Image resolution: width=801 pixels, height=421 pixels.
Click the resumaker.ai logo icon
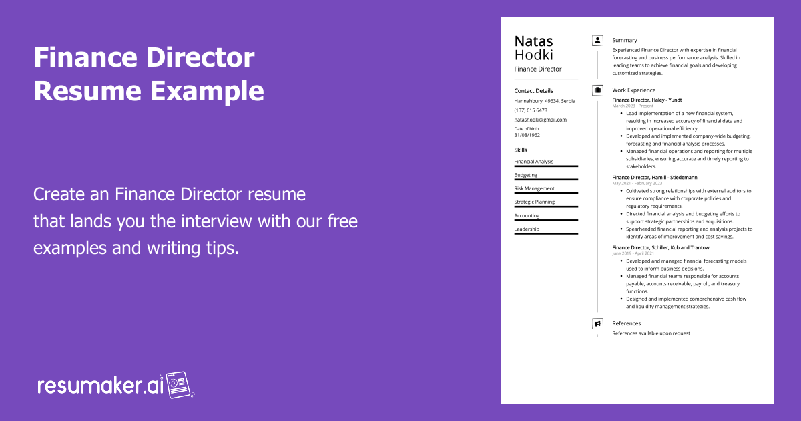[x=179, y=385]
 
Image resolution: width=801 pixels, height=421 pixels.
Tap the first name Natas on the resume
[x=533, y=41]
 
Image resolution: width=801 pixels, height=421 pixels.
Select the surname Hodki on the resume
[x=533, y=55]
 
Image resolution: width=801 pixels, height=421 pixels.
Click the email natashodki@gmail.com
[x=540, y=120]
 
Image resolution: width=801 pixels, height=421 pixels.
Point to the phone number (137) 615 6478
[x=531, y=110]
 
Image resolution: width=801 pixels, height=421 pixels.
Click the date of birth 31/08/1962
[x=527, y=134]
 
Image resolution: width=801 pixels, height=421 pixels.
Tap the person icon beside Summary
[x=597, y=40]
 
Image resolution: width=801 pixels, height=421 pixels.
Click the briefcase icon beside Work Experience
[x=597, y=90]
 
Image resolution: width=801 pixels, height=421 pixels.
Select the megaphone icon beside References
[x=597, y=323]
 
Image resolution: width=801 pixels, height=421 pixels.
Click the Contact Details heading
[x=533, y=90]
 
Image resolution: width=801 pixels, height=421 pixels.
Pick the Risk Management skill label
[x=534, y=188]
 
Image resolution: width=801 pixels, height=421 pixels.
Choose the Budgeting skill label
[x=525, y=175]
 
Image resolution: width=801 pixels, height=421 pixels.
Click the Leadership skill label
[x=527, y=229]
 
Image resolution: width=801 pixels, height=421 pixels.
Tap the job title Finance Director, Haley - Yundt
[x=647, y=100]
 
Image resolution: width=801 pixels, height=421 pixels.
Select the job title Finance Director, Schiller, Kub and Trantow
[x=661, y=247]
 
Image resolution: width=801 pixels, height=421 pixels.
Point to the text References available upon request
[x=651, y=333]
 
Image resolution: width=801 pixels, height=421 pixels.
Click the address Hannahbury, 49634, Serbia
[x=545, y=101]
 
